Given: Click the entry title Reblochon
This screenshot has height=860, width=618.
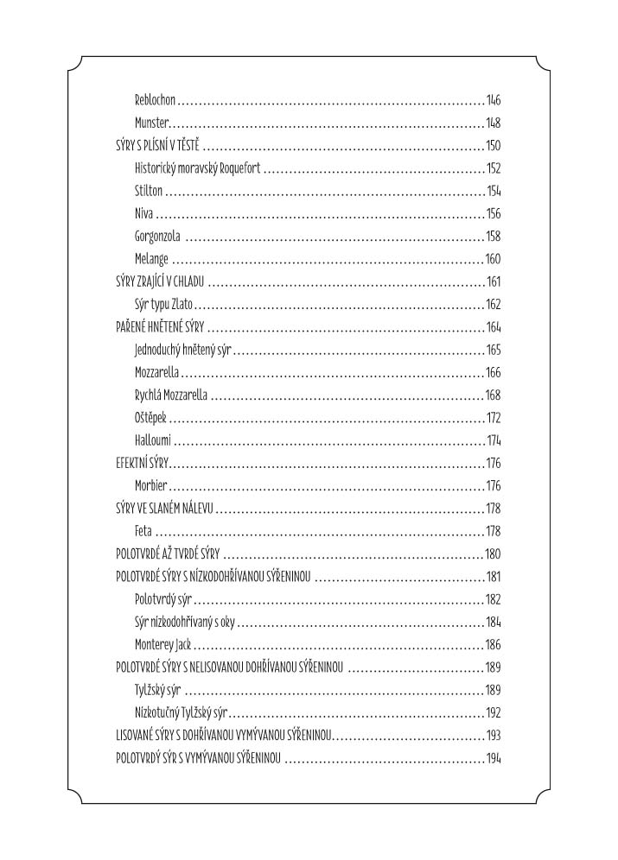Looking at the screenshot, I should tap(156, 100).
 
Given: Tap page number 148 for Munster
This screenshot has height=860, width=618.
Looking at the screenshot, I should tap(494, 123).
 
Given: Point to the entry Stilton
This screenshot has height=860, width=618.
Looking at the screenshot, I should tap(149, 191).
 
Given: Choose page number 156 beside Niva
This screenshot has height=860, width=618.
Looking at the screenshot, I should tap(494, 213).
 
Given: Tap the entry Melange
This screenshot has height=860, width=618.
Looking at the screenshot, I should tap(152, 259).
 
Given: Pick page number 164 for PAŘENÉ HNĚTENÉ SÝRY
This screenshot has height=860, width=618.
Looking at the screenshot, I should tap(494, 327).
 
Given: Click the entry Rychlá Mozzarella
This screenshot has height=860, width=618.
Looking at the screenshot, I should tap(172, 395).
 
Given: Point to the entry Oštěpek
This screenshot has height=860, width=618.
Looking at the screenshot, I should tap(150, 418).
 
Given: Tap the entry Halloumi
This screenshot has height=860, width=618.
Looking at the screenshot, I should tap(153, 440).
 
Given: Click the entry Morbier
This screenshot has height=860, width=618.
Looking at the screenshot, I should tap(150, 486).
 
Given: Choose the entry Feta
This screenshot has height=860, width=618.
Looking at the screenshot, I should tap(143, 531).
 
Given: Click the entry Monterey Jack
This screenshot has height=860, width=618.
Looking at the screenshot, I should tap(162, 645).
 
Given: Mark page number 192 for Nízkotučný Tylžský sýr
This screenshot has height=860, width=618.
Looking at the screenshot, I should tap(494, 713).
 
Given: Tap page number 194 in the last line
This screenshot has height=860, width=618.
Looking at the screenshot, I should tap(494, 758).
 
